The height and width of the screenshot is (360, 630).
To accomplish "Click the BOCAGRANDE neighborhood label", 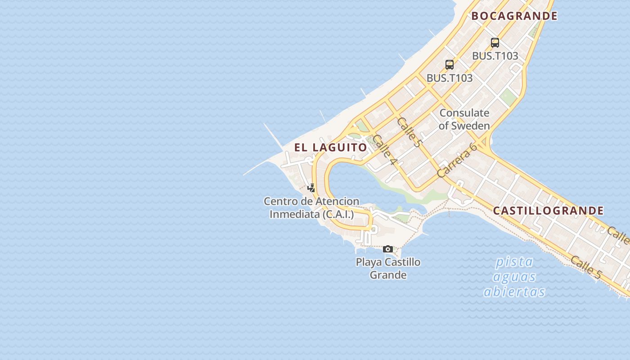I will click(514, 16).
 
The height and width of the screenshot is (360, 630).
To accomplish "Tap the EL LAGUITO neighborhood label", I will click(331, 147).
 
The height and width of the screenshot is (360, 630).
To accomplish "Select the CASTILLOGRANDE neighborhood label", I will click(548, 211).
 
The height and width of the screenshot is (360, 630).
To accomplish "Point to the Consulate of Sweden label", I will click(464, 119).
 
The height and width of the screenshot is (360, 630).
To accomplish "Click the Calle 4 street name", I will click(384, 149).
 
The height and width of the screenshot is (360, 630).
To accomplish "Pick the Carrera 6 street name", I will click(457, 160).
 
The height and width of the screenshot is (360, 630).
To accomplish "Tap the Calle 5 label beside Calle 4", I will click(409, 132).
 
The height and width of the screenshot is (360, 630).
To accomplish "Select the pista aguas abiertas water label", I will click(514, 277).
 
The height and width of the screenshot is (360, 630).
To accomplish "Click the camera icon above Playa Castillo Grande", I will click(387, 249).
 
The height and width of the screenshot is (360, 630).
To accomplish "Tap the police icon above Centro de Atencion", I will click(311, 188).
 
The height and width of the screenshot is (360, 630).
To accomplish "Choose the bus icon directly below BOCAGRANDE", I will click(495, 43).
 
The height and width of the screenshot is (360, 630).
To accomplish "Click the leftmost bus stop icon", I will click(449, 64).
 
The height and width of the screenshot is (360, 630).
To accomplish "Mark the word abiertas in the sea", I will click(514, 292).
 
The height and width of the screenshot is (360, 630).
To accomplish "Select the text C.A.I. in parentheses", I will click(338, 215).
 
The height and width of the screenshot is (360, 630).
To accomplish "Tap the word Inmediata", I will click(294, 215).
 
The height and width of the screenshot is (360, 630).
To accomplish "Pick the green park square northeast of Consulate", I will click(508, 97).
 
